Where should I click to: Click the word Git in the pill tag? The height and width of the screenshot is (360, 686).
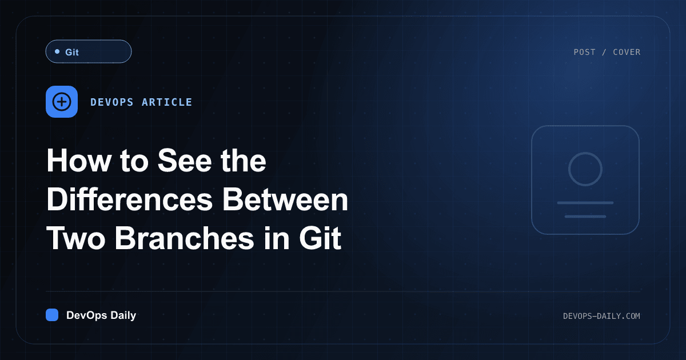72,52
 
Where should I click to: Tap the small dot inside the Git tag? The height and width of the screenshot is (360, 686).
57,51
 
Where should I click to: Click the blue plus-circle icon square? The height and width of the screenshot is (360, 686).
62,102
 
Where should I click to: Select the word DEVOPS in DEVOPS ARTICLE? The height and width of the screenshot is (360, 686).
112,102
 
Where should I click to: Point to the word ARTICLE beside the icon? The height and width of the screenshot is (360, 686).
167,102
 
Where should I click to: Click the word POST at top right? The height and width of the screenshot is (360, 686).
584,52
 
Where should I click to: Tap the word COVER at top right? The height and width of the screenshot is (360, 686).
627,52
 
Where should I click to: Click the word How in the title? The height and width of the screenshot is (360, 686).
79,161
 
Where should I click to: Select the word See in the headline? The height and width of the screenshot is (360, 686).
184,161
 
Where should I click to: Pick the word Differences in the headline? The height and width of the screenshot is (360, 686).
130,199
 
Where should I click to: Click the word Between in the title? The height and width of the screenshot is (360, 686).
285,199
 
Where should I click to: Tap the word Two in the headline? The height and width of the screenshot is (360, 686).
76,238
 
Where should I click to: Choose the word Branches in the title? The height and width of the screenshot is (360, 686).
184,238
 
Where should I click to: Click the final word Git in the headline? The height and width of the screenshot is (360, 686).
320,238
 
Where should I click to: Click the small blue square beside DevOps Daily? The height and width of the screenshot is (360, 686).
52,315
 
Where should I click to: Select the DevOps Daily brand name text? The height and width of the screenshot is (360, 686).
101,315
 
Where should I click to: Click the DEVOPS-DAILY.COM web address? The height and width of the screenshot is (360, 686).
601,316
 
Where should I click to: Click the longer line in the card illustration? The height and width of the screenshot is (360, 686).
585,203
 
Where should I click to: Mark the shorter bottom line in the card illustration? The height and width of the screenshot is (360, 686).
585,217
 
